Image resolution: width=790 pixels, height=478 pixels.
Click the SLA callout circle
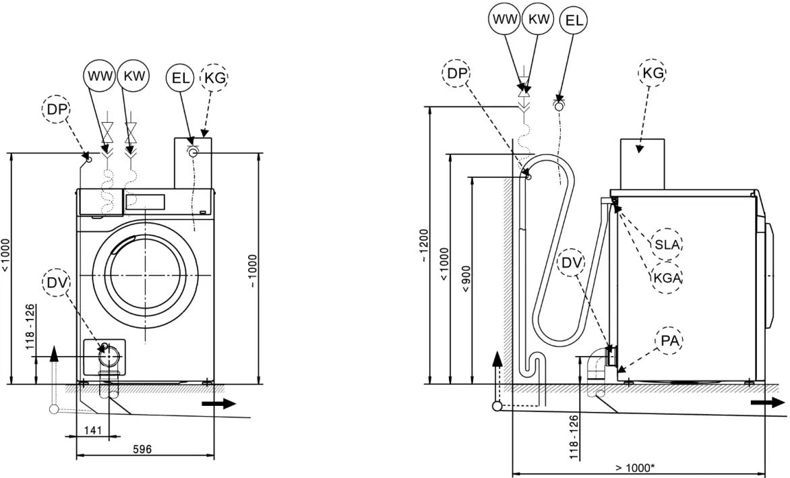click(667, 244)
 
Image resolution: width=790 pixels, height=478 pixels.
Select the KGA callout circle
click(667, 277)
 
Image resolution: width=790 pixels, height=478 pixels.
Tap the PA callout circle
click(669, 342)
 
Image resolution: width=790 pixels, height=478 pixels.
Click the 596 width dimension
click(142, 450)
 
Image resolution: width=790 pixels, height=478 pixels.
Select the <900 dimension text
click(466, 278)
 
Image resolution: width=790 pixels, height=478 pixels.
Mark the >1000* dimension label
click(634, 467)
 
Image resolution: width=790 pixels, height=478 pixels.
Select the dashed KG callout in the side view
click(652, 72)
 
